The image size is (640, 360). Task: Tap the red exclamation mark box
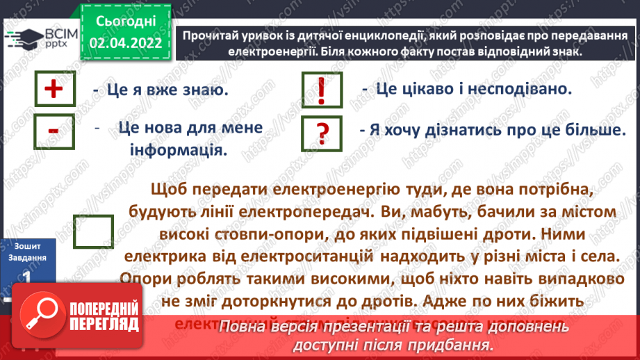click(x=321, y=91)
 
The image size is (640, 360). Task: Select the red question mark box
click(x=321, y=132)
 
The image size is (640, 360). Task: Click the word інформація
click(x=179, y=149)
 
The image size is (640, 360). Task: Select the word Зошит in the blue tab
click(x=26, y=245)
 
